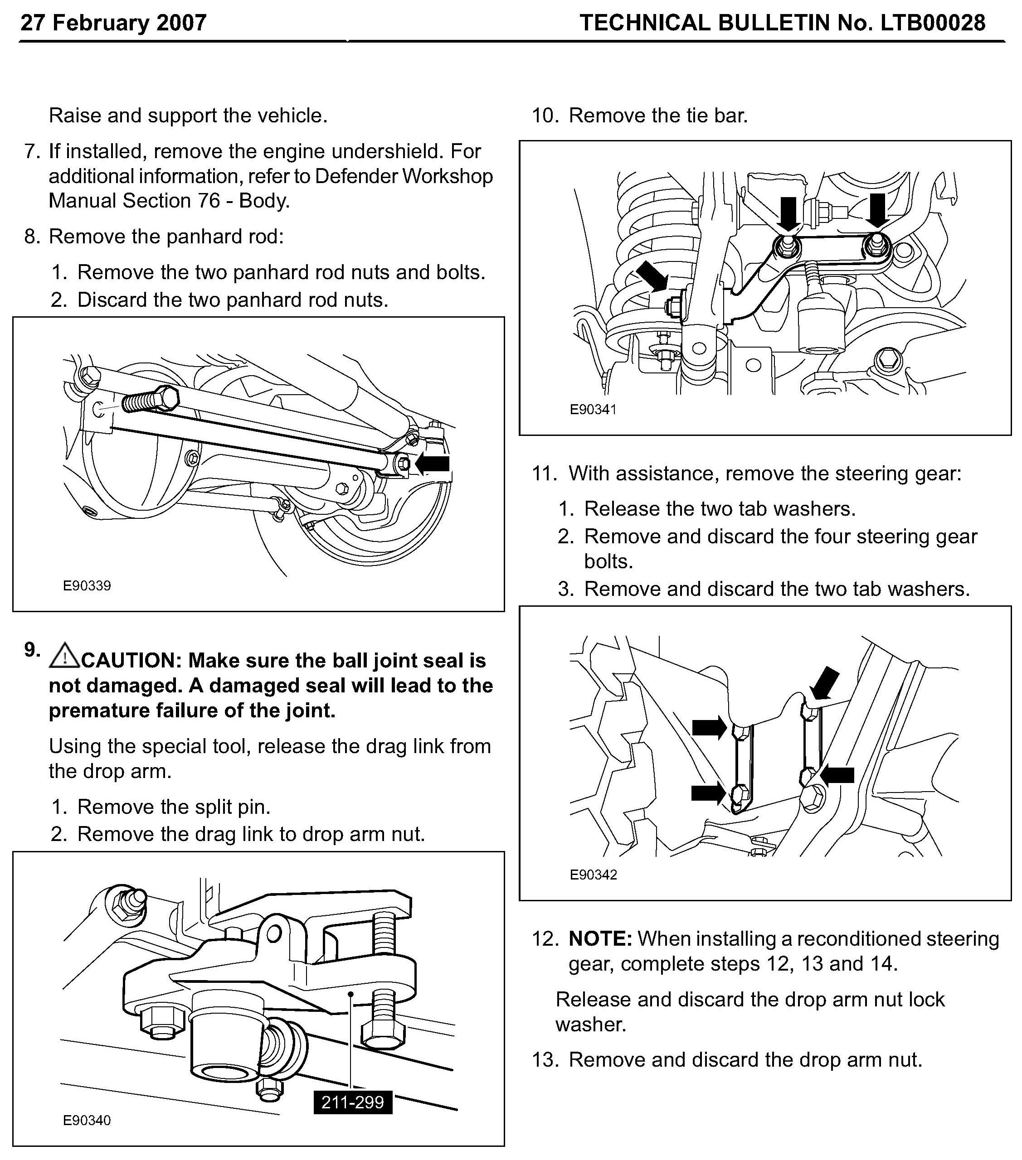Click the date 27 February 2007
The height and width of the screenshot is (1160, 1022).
click(x=113, y=23)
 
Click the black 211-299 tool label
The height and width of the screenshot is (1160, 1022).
click(x=353, y=1102)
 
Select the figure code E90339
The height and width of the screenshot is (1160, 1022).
click(x=87, y=586)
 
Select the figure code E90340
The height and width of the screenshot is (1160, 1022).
click(x=87, y=1120)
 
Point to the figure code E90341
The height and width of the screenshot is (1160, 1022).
click(x=594, y=409)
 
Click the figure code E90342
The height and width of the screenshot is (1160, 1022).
click(x=594, y=875)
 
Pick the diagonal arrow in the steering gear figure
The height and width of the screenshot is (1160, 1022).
click(x=824, y=683)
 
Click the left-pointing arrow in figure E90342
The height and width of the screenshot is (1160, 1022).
click(x=837, y=775)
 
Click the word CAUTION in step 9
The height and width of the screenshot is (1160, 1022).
click(x=131, y=661)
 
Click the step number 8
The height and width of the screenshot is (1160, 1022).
click(x=32, y=237)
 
